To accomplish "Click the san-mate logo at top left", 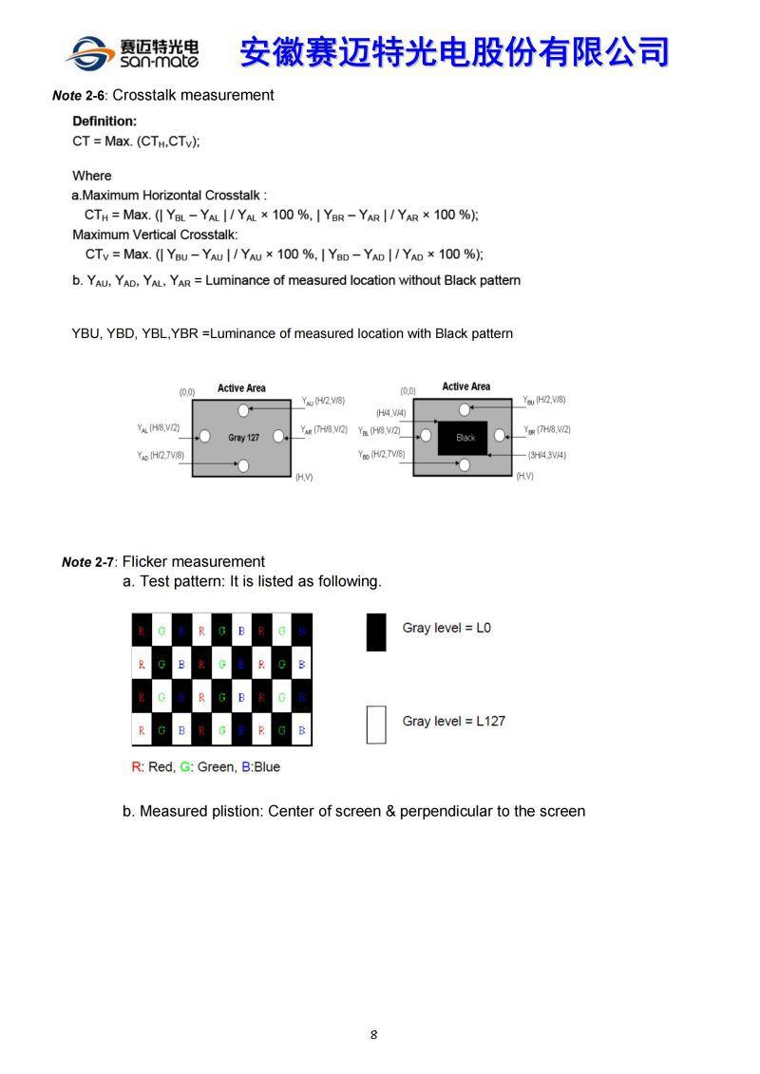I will tap(132, 52).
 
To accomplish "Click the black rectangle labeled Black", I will tap(463, 438).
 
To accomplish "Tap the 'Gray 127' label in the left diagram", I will tap(243, 438).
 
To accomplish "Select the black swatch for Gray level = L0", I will tap(376, 631).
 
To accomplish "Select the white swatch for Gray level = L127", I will tap(376, 725).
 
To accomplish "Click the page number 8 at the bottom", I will tap(373, 1034).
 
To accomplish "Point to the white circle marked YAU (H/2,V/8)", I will tap(243, 410).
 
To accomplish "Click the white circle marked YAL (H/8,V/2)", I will tap(204, 437).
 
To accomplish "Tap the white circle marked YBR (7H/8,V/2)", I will tap(501, 437).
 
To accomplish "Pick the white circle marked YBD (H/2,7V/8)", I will tap(465, 464).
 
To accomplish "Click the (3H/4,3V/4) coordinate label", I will tap(546, 456).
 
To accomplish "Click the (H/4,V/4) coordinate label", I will tap(390, 413).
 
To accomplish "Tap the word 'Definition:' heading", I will tap(104, 122).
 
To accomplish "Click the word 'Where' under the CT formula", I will tap(92, 176).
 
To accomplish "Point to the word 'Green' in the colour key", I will tap(214, 767).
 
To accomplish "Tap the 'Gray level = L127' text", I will tap(453, 721).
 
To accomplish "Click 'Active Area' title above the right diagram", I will tap(465, 386).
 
